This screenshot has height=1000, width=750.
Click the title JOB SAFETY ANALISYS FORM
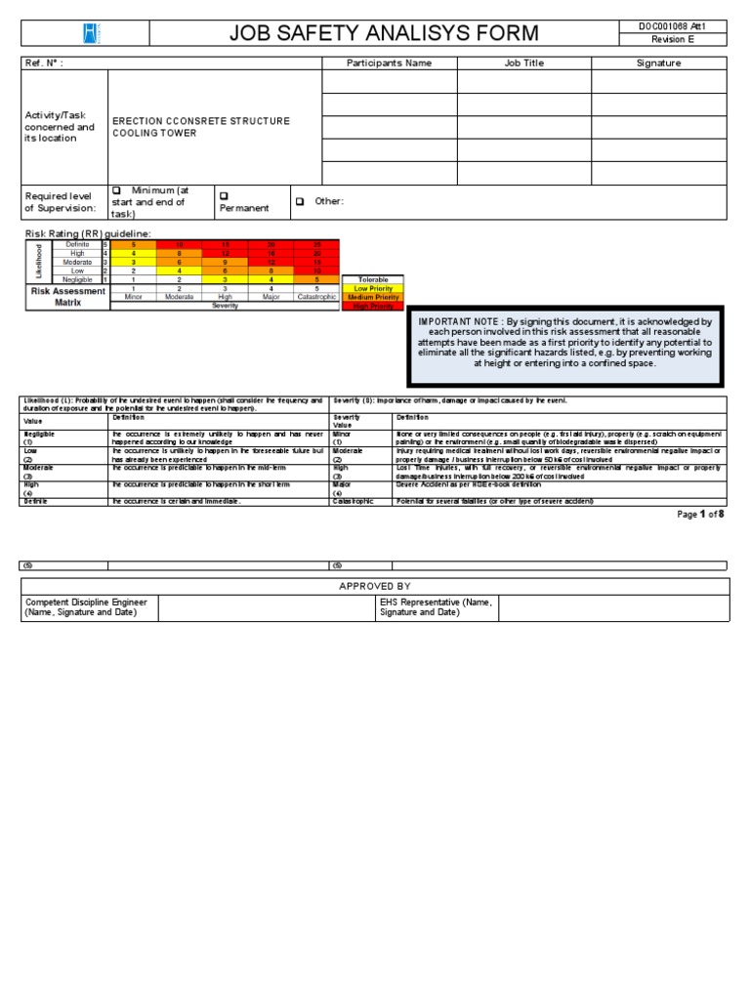point(383,33)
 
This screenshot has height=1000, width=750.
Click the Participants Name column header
point(389,63)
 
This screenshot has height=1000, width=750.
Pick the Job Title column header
point(523,63)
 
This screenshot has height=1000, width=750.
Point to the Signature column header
point(658,63)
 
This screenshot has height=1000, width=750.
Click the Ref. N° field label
point(44,63)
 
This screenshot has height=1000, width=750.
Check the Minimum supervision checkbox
point(116,190)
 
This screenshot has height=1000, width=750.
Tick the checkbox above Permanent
point(224,195)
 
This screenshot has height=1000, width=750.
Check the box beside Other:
point(300,202)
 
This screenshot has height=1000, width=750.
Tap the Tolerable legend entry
point(373,280)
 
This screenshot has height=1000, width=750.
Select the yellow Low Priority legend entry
point(373,289)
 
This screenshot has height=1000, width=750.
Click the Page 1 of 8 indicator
point(700,514)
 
